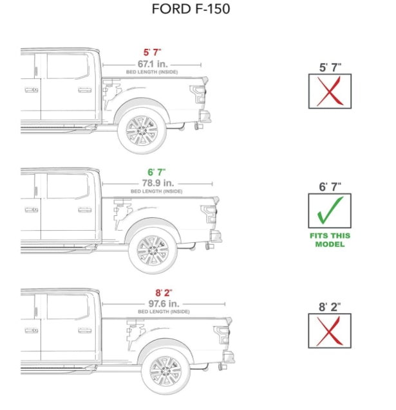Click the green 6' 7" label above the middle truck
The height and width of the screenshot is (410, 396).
coord(156,172)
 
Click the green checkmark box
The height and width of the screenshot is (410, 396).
coord(330,211)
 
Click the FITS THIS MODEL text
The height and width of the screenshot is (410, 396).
coord(330,240)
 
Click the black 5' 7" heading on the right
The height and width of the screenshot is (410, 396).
coord(330,67)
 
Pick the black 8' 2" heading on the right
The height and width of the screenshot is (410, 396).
coord(330,307)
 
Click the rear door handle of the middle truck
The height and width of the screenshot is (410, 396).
coord(84,209)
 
